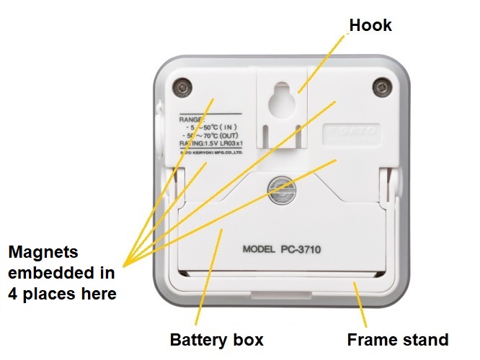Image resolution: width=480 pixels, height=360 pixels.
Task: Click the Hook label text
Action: click(370, 24)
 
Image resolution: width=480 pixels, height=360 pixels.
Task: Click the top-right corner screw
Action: click(383, 88)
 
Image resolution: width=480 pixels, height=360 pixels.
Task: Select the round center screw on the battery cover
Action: click(278, 189)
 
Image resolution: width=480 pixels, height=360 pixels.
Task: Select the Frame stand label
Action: click(398, 339)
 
